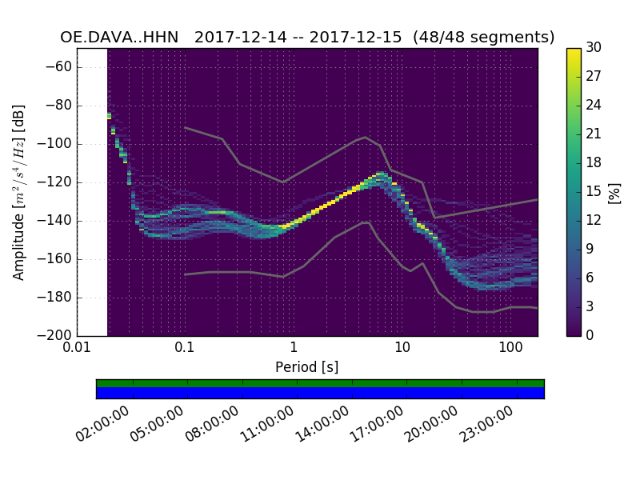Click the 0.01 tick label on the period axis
(77, 349)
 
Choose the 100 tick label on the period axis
(510, 349)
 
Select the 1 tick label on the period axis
(294, 349)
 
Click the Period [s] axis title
(307, 367)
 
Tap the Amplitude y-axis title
(18, 192)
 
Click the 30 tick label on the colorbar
(594, 48)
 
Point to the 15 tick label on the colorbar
(594, 192)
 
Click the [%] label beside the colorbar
(614, 192)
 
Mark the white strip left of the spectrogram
(92, 192)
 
